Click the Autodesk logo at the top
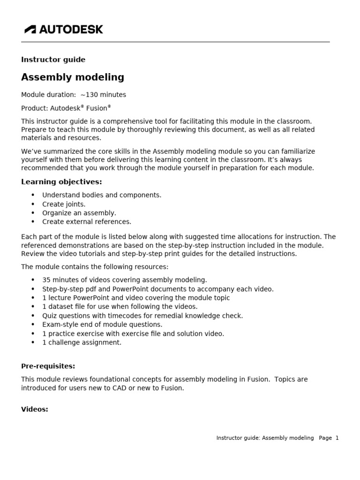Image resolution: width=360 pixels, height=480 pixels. pos(64,30)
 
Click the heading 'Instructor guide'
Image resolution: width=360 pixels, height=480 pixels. pos(53,60)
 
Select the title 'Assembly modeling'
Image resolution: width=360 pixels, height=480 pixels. pos(73,77)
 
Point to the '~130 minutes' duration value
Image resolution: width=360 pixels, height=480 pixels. pos(103,95)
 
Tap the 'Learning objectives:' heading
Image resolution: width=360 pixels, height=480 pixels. pos(61,182)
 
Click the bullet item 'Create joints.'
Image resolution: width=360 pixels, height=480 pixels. pos(64,204)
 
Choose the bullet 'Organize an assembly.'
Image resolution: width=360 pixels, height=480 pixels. pos(79,213)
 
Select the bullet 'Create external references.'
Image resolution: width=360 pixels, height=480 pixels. pos(87,222)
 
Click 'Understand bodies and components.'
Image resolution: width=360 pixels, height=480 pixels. pos(102,195)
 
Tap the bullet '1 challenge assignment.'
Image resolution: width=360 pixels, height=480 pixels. pos(82,342)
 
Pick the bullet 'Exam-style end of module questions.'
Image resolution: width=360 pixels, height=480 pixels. pos(102,324)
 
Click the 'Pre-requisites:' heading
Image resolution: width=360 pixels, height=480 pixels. pos(48,366)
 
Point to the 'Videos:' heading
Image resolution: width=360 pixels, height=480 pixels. pos(35,409)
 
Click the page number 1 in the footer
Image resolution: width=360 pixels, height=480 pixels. pos(337,438)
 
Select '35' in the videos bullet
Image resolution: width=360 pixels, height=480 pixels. pos(46,280)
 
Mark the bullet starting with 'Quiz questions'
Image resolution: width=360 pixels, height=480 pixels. pos(142,315)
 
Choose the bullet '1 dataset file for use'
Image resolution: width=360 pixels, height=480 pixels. pos(120,307)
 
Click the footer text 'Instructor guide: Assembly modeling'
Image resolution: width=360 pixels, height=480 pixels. pos(265,438)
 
